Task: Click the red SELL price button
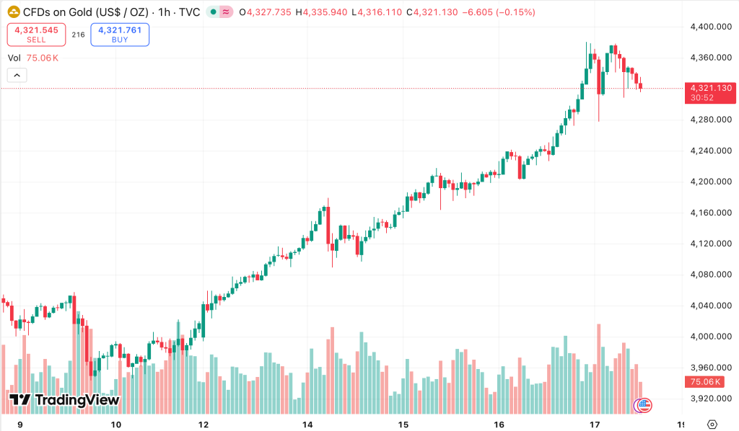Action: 36,35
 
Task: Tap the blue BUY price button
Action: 120,35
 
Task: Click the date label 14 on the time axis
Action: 307,425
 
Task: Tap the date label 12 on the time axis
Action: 204,425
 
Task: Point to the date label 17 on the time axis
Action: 595,425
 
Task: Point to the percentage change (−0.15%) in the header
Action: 515,12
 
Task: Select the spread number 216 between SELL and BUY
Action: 78,35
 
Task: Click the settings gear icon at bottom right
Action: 712,424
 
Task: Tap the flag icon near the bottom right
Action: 644,405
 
